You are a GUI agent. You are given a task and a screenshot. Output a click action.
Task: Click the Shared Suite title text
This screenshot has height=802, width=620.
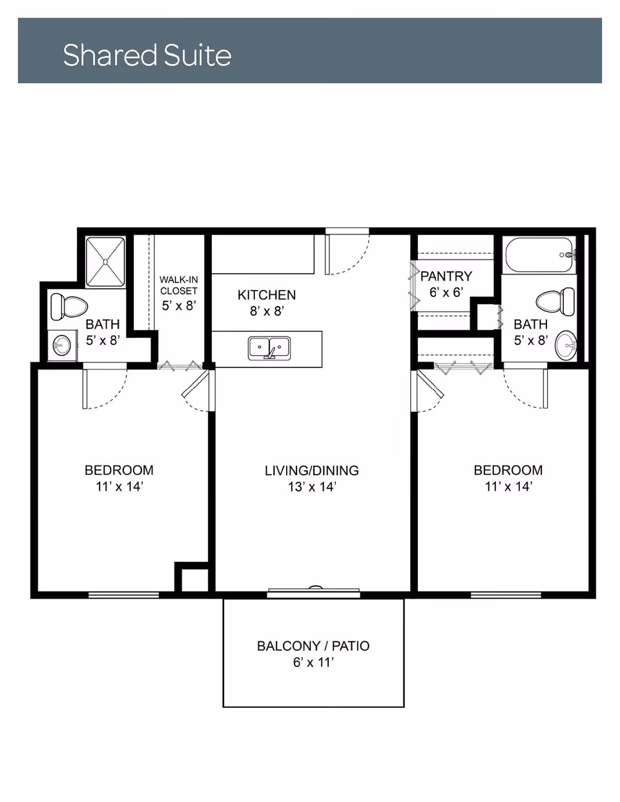[x=147, y=55]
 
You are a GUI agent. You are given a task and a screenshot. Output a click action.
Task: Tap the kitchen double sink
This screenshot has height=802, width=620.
[x=269, y=348]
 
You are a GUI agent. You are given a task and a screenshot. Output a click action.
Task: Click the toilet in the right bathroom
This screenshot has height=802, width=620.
[x=555, y=300]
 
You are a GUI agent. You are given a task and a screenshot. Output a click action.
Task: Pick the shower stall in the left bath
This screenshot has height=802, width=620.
[x=105, y=262]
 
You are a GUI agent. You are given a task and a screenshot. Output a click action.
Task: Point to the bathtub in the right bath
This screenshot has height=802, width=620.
[x=539, y=256]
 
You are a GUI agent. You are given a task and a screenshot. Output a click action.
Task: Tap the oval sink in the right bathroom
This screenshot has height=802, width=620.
[x=566, y=345]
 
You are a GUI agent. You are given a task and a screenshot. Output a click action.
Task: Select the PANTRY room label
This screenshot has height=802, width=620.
[x=446, y=276]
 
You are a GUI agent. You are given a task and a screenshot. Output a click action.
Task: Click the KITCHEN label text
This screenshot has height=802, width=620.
[x=266, y=295]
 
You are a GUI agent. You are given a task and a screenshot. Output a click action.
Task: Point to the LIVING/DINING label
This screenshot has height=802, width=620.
[x=311, y=471]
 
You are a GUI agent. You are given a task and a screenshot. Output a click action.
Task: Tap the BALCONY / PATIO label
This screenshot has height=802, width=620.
[x=313, y=646]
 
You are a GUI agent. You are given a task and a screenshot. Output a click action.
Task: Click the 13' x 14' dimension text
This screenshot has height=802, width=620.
[x=312, y=487]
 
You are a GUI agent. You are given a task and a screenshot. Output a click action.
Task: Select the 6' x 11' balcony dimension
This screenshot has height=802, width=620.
[x=313, y=663]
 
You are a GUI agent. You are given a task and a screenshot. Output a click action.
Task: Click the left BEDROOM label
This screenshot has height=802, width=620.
[x=119, y=470]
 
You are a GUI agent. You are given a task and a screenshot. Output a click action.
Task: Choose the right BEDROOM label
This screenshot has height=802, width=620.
[x=508, y=470]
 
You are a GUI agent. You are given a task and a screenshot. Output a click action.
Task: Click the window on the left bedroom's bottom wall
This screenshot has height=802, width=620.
[x=123, y=594]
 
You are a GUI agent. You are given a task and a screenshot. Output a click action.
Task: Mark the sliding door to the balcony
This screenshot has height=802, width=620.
[x=313, y=591]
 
